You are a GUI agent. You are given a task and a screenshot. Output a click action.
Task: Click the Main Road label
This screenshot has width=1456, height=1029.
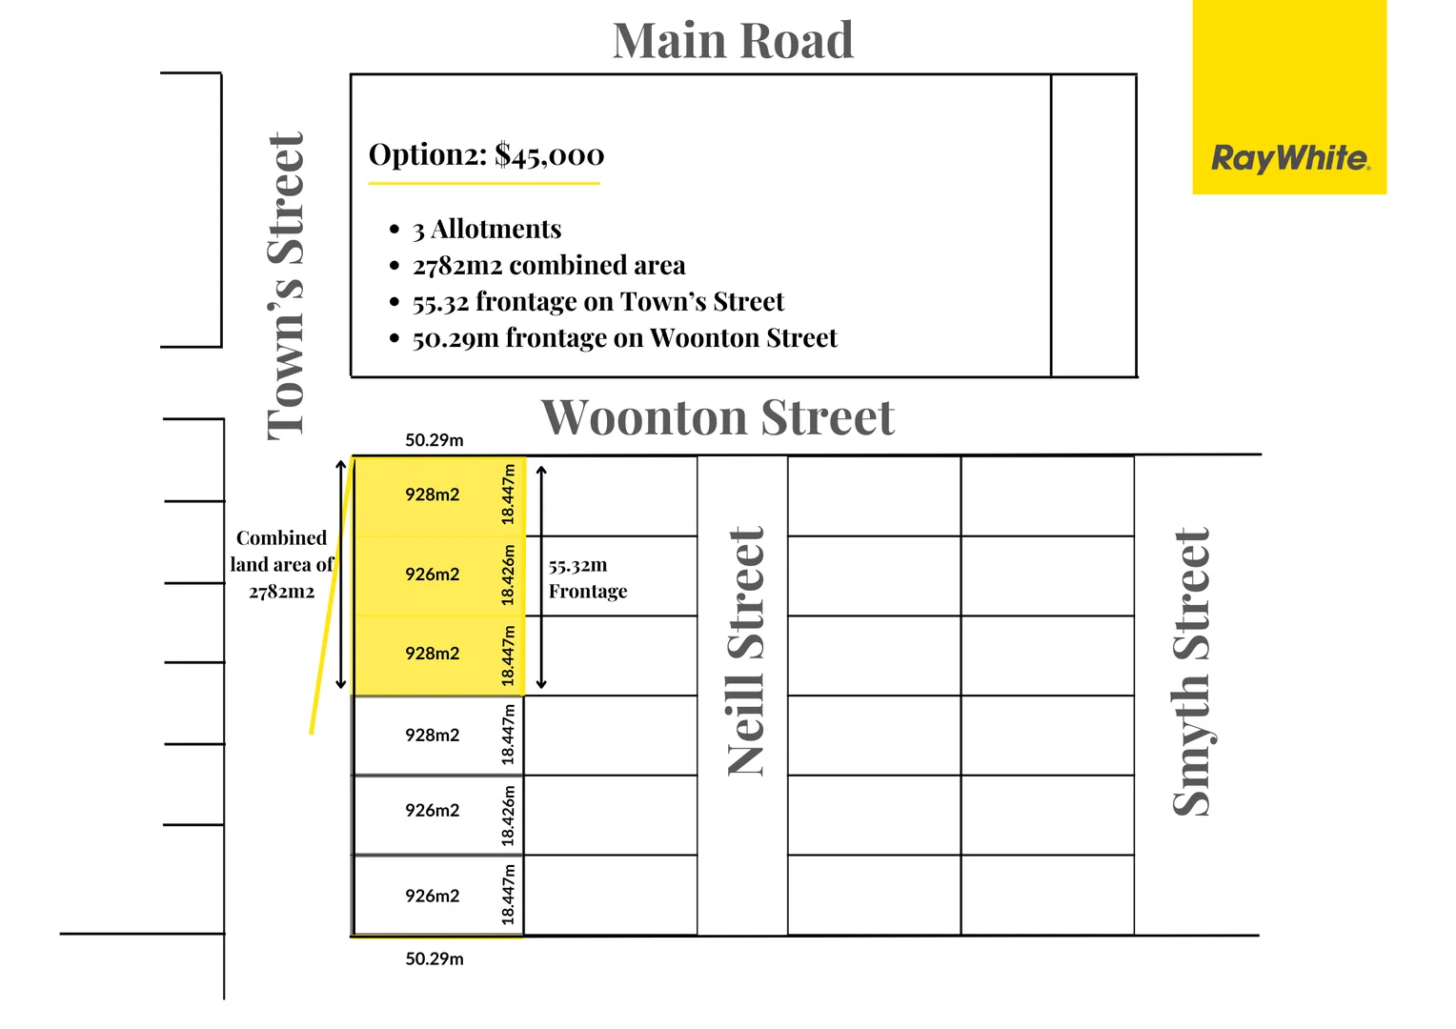[x=732, y=41]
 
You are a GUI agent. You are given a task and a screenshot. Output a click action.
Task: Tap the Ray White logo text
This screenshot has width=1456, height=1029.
[x=1289, y=158]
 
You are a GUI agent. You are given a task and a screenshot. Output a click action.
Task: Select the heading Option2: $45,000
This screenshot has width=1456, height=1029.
[x=486, y=154]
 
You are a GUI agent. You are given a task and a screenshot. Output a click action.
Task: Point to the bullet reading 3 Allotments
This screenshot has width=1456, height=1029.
[x=486, y=230]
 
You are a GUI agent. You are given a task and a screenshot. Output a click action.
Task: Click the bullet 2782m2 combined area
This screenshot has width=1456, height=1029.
[x=548, y=266]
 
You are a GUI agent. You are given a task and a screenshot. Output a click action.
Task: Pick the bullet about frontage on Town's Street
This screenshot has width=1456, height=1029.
[x=597, y=302]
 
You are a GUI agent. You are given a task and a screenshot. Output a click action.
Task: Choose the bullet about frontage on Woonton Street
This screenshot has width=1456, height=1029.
[x=624, y=338]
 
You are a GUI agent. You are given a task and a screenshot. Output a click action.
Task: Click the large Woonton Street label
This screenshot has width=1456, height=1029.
[x=718, y=417]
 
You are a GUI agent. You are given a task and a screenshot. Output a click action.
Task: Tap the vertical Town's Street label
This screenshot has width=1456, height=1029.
[x=286, y=286]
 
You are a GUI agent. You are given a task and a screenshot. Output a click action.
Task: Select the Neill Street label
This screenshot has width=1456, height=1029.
[x=745, y=652]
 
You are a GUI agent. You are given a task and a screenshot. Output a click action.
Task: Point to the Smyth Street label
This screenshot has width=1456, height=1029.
[x=1191, y=672]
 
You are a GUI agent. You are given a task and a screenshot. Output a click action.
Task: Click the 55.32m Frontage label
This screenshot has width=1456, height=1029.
[x=587, y=578]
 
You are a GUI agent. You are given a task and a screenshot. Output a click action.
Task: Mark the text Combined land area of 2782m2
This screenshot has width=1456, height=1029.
[x=281, y=565]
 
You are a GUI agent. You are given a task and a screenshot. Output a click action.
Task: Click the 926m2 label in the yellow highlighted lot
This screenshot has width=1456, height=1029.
[x=432, y=575]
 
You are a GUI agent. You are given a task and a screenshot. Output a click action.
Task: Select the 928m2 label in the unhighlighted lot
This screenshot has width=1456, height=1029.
[x=432, y=736]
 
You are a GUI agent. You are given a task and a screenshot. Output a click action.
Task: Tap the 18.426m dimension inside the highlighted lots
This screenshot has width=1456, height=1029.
[x=509, y=575]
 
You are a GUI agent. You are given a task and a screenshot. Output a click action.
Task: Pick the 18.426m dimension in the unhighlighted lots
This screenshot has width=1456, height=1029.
[x=509, y=816]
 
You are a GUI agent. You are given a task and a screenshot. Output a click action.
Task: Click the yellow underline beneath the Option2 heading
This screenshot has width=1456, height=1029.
[x=484, y=183]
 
